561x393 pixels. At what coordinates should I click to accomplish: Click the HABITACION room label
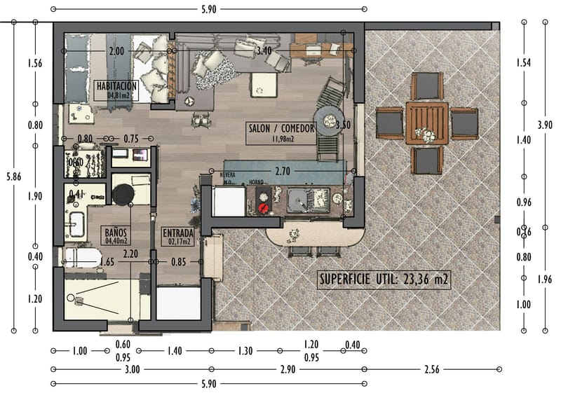pos(116,89)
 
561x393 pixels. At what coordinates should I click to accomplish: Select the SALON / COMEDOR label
pos(280,132)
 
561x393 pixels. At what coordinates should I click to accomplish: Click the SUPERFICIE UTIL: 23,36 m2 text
pos(384,280)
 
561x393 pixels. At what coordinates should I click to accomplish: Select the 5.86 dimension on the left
pos(13,177)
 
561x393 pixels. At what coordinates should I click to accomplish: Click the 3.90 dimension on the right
pos(545,125)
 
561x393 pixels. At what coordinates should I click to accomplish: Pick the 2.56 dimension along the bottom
pos(431,369)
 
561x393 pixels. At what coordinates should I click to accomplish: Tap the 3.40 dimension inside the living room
pos(264,51)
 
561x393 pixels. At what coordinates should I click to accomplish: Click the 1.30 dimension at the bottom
pos(245,352)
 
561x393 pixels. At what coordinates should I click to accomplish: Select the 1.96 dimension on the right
pos(545,280)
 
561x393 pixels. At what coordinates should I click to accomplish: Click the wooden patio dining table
pos(427,123)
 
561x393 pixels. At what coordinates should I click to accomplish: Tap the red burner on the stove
pos(264,207)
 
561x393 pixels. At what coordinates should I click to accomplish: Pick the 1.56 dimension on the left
pos(34,63)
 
